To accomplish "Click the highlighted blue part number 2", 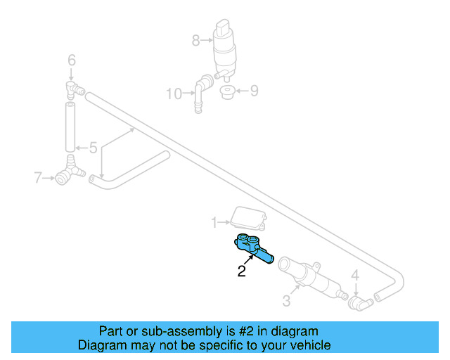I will (x=254, y=248).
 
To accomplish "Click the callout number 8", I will (x=195, y=41).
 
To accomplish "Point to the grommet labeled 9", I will (x=227, y=92).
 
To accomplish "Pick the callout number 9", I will (x=255, y=90).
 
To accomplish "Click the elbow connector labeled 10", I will (x=201, y=91).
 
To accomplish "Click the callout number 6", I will (x=71, y=60).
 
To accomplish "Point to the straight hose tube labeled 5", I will (x=70, y=127).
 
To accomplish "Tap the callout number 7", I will (x=39, y=178).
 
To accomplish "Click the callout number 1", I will (x=214, y=223).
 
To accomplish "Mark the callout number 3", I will (x=286, y=302).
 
